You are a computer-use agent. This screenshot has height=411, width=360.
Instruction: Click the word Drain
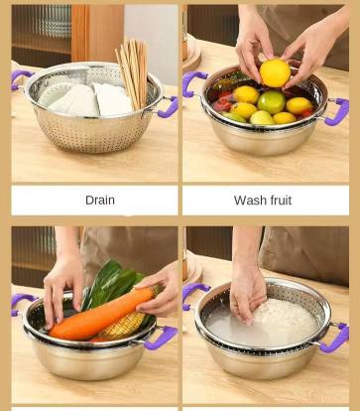pyautogui.click(x=100, y=201)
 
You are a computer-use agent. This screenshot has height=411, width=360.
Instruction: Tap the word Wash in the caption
pyautogui.click(x=248, y=201)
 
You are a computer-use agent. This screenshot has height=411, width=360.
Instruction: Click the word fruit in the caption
pyautogui.click(x=279, y=201)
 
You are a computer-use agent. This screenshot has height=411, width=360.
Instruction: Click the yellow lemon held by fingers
pyautogui.click(x=275, y=73)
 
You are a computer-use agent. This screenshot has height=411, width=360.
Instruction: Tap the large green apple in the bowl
pyautogui.click(x=271, y=102)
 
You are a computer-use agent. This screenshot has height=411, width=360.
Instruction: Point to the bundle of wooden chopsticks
pyautogui.click(x=132, y=72)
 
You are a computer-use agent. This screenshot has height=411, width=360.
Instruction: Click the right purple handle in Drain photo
pyautogui.click(x=169, y=106)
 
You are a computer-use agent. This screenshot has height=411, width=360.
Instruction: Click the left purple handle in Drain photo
pyautogui.click(x=20, y=78)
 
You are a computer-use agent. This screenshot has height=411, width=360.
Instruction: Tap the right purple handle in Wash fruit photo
pyautogui.click(x=337, y=112)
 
